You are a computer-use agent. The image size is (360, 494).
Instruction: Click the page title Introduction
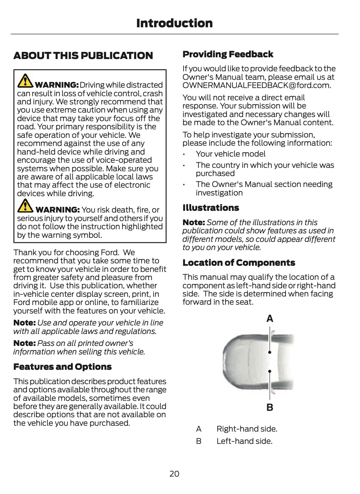(174, 23)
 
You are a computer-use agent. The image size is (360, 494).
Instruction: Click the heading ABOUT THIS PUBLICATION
(83, 56)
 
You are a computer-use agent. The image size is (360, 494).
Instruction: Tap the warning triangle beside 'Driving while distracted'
(25, 81)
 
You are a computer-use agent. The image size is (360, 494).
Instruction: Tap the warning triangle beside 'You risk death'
(25, 206)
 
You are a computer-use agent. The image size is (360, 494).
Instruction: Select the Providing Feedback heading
(228, 54)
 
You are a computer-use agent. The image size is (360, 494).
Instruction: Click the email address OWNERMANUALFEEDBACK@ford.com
(256, 85)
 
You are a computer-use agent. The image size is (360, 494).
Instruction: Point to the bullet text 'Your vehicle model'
(230, 154)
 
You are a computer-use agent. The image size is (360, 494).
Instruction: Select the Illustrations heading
(211, 208)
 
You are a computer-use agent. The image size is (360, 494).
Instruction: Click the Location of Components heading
(239, 263)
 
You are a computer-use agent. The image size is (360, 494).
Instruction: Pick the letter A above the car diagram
(270, 319)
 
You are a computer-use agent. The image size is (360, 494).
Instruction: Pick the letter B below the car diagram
(270, 407)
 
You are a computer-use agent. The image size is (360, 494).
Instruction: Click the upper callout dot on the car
(270, 352)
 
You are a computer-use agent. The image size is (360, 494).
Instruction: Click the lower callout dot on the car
(270, 371)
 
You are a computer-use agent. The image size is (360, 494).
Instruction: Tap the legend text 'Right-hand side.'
(247, 429)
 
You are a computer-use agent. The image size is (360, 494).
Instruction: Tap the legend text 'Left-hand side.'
(244, 441)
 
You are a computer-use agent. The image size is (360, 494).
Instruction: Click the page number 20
(174, 474)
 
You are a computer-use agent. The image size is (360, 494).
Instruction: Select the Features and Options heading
(62, 367)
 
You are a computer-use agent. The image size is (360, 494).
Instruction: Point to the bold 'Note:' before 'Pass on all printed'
(24, 343)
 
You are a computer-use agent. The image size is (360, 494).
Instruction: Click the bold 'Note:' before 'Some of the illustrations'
(193, 222)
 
